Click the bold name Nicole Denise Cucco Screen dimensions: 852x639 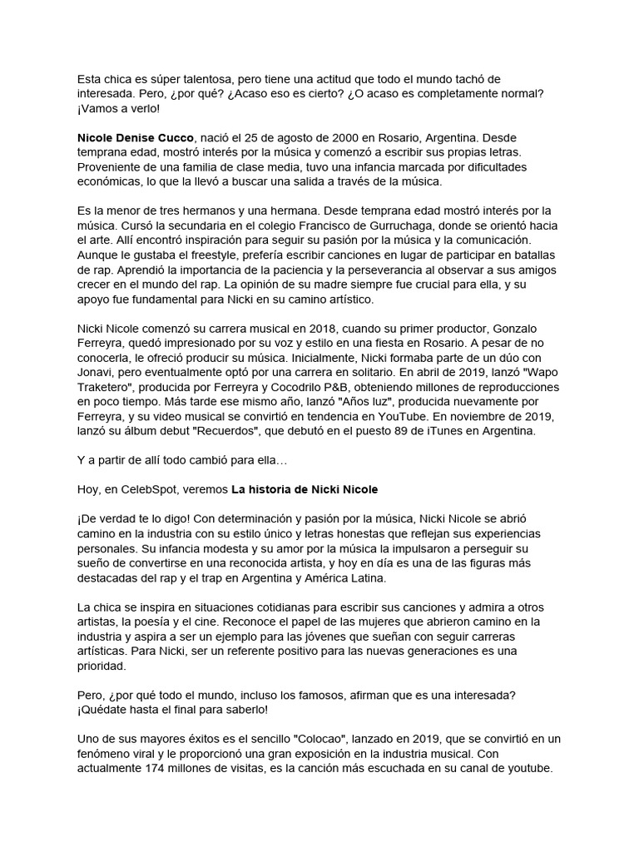click(136, 135)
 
